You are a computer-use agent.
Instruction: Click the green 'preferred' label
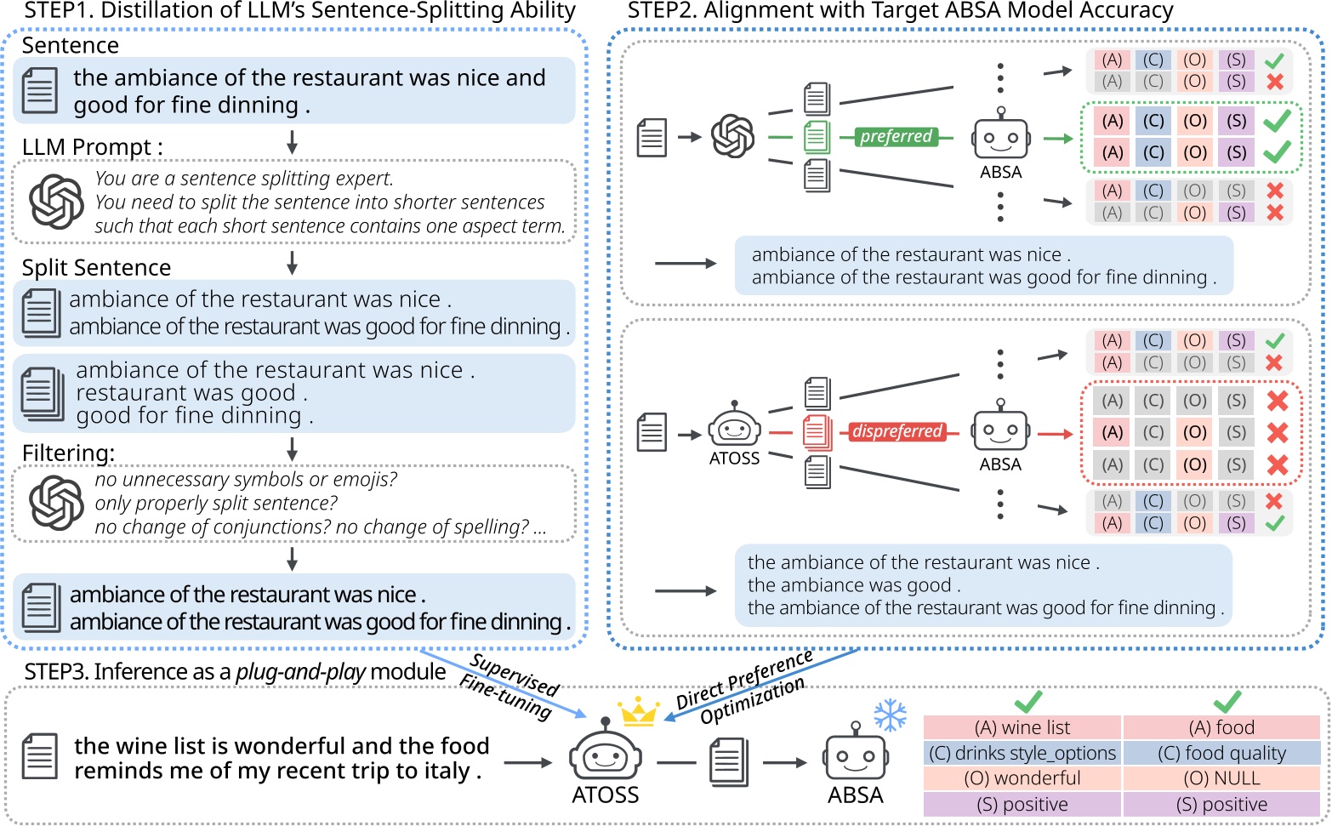click(896, 136)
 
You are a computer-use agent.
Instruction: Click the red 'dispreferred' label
click(897, 431)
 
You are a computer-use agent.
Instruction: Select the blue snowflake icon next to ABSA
click(890, 715)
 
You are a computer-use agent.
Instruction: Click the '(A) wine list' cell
click(1022, 727)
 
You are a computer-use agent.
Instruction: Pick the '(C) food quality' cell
click(1221, 753)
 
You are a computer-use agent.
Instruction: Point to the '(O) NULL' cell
click(1221, 778)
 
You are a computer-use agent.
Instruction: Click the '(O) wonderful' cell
click(1022, 778)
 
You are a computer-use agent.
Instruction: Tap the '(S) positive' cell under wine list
click(1022, 805)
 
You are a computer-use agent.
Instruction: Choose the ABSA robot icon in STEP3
click(855, 754)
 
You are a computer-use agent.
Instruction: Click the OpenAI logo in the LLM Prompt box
click(56, 202)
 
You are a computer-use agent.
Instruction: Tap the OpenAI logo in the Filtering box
click(56, 503)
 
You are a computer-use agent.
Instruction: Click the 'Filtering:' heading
click(68, 453)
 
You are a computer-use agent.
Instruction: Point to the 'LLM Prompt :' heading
click(92, 147)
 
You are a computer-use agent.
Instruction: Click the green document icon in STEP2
click(817, 137)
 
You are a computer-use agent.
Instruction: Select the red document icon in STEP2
click(817, 432)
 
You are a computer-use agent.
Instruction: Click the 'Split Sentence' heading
click(96, 267)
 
